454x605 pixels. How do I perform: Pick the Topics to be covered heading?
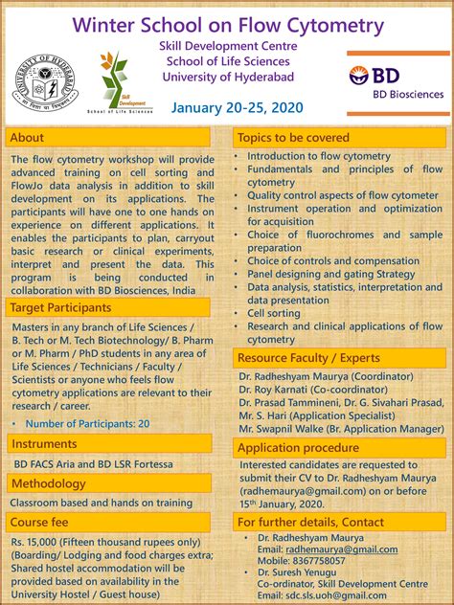click(x=288, y=138)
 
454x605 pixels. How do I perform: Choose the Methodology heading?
click(x=49, y=483)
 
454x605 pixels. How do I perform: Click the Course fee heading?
click(x=40, y=522)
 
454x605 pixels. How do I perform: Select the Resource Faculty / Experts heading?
click(x=308, y=358)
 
